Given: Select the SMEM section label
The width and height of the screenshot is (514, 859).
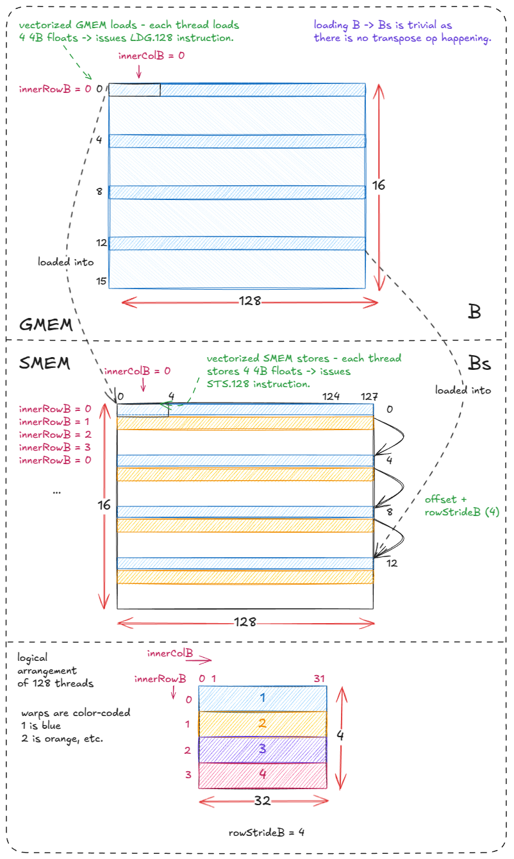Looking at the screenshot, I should pyautogui.click(x=44, y=363).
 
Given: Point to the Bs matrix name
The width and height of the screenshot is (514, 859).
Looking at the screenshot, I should pyautogui.click(x=479, y=363).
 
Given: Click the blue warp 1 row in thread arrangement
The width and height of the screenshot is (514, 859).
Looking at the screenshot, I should pyautogui.click(x=263, y=698).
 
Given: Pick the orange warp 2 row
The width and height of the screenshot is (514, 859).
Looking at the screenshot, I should pyautogui.click(x=263, y=724).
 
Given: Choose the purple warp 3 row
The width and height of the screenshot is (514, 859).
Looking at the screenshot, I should pyautogui.click(x=263, y=749).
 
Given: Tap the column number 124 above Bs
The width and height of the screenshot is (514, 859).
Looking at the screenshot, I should pyautogui.click(x=331, y=397).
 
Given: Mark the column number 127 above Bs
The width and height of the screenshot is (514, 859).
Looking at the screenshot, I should pyautogui.click(x=369, y=397).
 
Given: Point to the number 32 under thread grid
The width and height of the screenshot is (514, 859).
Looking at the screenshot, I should pyautogui.click(x=263, y=802).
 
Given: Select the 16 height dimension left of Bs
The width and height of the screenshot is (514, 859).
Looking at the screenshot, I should pyautogui.click(x=104, y=506).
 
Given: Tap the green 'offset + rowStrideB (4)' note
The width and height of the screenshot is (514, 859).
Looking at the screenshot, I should pyautogui.click(x=461, y=505).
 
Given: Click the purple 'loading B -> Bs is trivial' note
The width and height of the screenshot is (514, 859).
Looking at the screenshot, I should pyautogui.click(x=402, y=31).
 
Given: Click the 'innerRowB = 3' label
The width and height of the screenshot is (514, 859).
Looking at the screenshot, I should pyautogui.click(x=55, y=447).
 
